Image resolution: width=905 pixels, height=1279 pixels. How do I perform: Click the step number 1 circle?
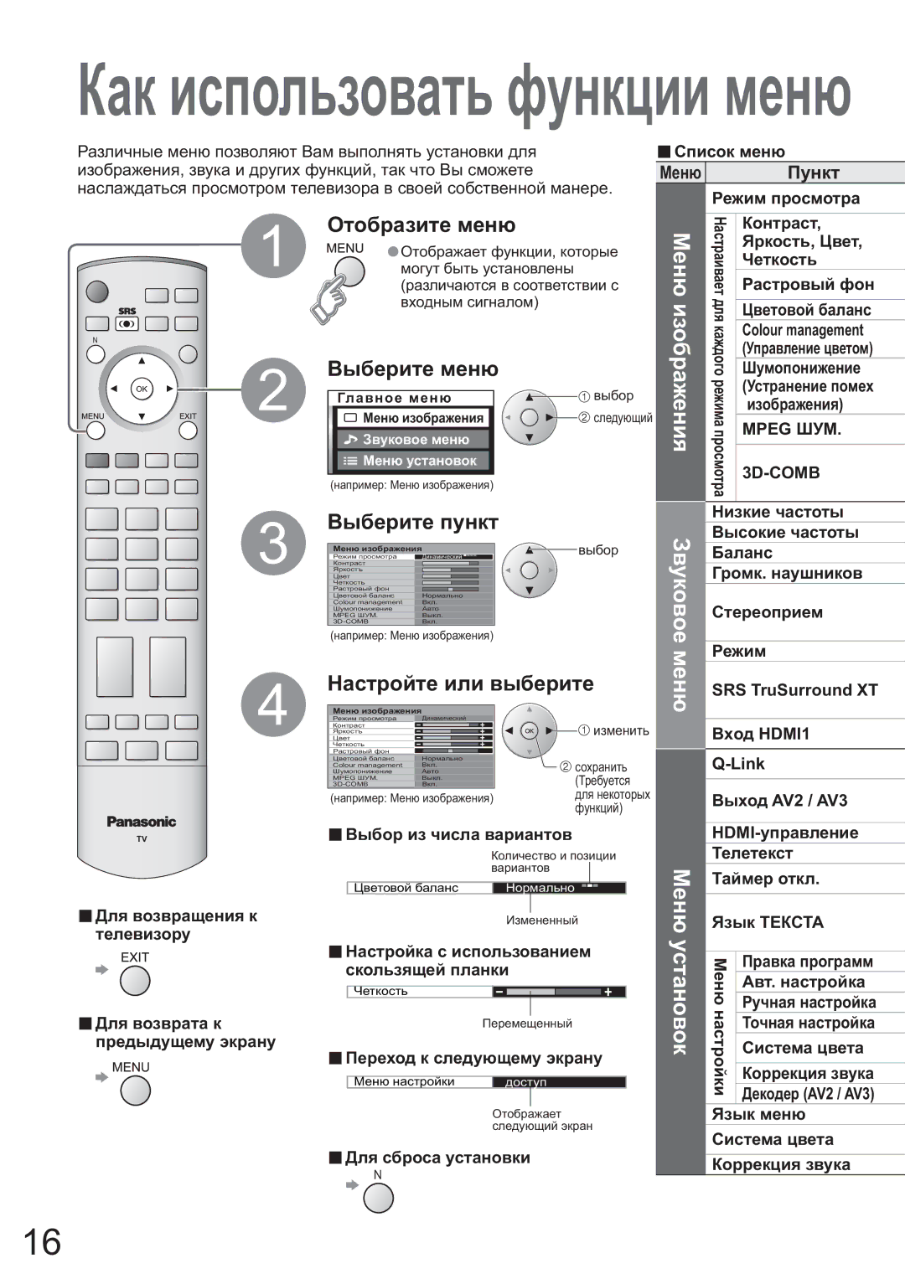coord(274,245)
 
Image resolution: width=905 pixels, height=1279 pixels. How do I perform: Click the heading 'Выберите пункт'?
coord(413,523)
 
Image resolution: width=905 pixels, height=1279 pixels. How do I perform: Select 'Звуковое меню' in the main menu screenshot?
coord(415,440)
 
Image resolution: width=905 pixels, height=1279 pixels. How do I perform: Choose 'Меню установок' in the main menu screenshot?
coord(415,461)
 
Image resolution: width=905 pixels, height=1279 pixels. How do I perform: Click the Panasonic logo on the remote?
coord(142,822)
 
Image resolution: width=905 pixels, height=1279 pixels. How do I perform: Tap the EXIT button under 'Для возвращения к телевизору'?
coord(135,981)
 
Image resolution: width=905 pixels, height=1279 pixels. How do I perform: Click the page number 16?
coord(41,1242)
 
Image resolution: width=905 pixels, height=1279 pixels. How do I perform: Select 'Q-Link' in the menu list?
coord(738,764)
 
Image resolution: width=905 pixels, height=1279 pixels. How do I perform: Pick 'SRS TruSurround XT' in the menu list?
coord(794,690)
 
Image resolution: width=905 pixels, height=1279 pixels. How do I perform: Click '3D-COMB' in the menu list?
coord(781,472)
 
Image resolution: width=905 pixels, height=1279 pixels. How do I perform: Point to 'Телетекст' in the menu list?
coord(752,854)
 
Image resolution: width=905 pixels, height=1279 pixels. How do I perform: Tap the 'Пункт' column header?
coord(813,173)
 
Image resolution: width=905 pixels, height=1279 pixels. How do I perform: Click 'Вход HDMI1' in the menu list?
coord(760,734)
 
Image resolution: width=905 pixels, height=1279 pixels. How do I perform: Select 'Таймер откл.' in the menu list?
coord(765,879)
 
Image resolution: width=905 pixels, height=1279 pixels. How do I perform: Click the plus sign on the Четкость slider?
coord(608,992)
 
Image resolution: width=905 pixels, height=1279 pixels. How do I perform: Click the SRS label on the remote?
coord(127,311)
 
